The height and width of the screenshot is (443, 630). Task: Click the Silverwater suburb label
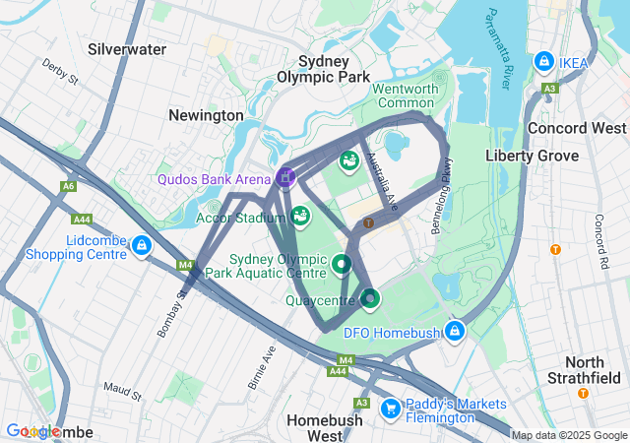click(x=126, y=47)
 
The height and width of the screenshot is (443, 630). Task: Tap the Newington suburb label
click(x=206, y=115)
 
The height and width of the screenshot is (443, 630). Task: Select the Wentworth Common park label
click(x=405, y=95)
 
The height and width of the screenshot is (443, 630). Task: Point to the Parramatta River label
click(x=497, y=49)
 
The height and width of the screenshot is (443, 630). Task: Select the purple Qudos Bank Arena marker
click(x=285, y=177)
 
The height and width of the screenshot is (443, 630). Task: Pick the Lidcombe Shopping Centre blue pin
click(x=142, y=244)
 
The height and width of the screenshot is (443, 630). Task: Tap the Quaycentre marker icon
click(x=369, y=296)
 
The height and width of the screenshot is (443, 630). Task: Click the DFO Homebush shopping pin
click(x=454, y=331)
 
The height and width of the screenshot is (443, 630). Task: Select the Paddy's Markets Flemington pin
click(x=390, y=407)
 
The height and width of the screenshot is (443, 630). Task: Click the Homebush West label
click(x=323, y=427)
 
